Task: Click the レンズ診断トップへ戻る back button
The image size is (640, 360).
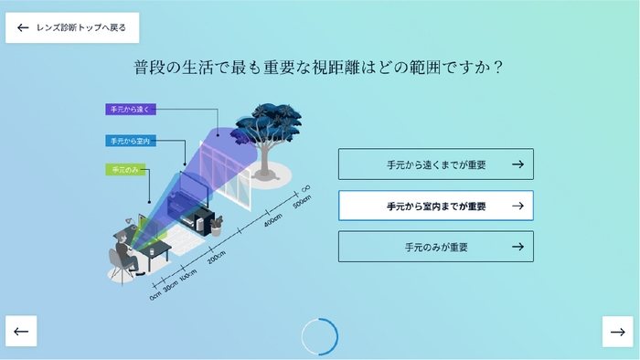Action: coord(72,27)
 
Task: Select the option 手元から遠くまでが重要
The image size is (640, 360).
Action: coord(435,164)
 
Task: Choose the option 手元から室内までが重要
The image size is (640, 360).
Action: coord(435,206)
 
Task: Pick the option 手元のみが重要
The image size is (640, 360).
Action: coord(435,247)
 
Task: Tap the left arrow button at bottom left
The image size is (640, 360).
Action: coord(22,331)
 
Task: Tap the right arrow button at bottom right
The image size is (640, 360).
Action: coord(618,331)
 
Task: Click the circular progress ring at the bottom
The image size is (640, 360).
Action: coord(320,335)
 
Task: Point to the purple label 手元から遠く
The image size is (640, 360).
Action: coord(133,110)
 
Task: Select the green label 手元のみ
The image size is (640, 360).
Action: coord(124,170)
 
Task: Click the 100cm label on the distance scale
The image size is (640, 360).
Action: coord(188,276)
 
